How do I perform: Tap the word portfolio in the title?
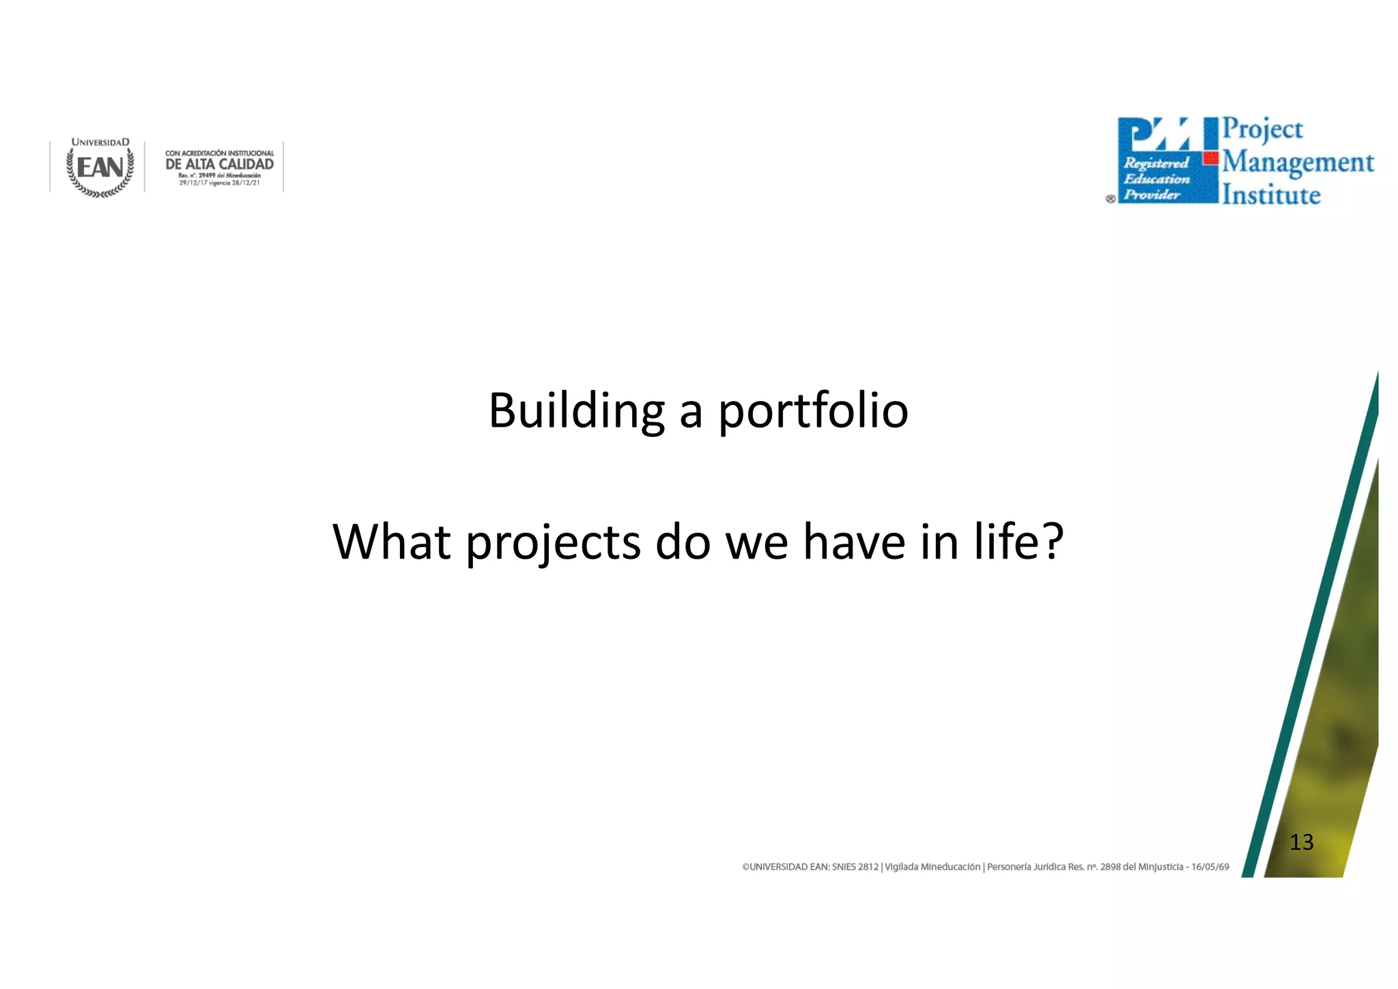[x=813, y=411]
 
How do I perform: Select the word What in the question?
[x=391, y=542]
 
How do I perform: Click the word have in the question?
[x=853, y=542]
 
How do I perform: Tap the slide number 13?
[x=1301, y=842]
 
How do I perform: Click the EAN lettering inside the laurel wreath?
[x=100, y=167]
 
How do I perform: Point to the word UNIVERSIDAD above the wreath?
[x=100, y=143]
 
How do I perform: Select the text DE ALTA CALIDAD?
[x=219, y=165]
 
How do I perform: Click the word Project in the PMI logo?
[x=1262, y=129]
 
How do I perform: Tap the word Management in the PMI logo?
[x=1298, y=163]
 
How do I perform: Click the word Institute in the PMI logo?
[x=1271, y=195]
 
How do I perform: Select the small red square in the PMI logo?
[x=1211, y=158]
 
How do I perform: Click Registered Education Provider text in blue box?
[x=1156, y=179]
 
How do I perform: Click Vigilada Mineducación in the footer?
[x=932, y=867]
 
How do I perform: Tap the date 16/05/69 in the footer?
[x=1210, y=867]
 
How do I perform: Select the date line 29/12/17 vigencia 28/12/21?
[x=219, y=183]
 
